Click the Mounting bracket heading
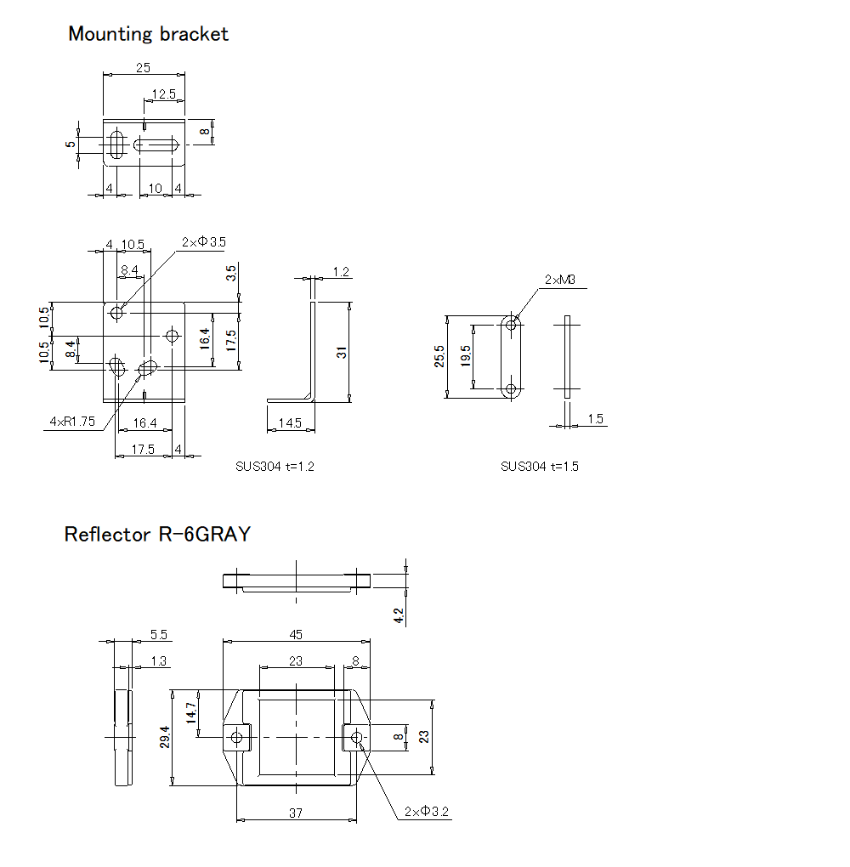[149, 34]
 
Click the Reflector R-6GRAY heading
[157, 535]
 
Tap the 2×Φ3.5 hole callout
[203, 242]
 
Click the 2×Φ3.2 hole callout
[427, 812]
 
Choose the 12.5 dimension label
[163, 93]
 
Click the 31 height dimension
[342, 352]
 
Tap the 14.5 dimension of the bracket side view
[290, 422]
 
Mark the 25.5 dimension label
[439, 356]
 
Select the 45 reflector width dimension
[295, 634]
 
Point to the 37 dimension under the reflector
[295, 813]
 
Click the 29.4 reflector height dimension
[165, 737]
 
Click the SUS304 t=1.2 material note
[275, 466]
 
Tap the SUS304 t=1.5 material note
[540, 466]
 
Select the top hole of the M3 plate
[511, 324]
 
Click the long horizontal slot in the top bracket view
[158, 145]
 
